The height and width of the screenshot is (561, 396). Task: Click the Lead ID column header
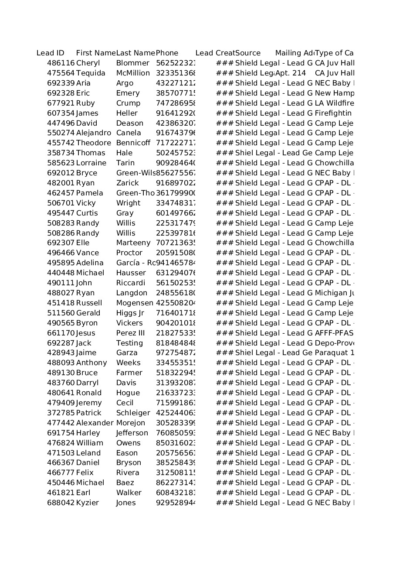(x=51, y=53)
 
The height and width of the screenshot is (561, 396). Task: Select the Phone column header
(x=167, y=53)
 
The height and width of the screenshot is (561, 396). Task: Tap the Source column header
(x=248, y=53)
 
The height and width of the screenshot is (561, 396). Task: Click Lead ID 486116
(x=61, y=63)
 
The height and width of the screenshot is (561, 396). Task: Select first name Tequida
(x=91, y=73)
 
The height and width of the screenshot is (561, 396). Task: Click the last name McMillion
(x=133, y=73)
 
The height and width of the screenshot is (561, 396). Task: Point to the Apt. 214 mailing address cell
(x=291, y=73)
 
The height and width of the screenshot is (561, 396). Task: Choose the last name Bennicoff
(x=133, y=143)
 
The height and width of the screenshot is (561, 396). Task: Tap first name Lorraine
(x=91, y=163)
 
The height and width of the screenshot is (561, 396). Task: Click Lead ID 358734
(x=61, y=153)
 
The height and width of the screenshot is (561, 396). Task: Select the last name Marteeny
(x=133, y=243)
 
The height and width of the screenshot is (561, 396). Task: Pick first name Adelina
(x=90, y=263)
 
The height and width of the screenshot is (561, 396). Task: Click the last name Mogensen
(x=135, y=303)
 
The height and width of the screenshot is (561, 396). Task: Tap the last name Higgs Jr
(x=130, y=313)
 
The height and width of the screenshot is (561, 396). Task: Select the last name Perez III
(x=130, y=333)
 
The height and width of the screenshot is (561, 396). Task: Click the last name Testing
(x=129, y=343)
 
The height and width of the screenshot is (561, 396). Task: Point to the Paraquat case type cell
(x=334, y=353)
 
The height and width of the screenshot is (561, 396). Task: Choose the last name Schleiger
(x=133, y=413)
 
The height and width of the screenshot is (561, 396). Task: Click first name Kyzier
(x=87, y=503)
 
